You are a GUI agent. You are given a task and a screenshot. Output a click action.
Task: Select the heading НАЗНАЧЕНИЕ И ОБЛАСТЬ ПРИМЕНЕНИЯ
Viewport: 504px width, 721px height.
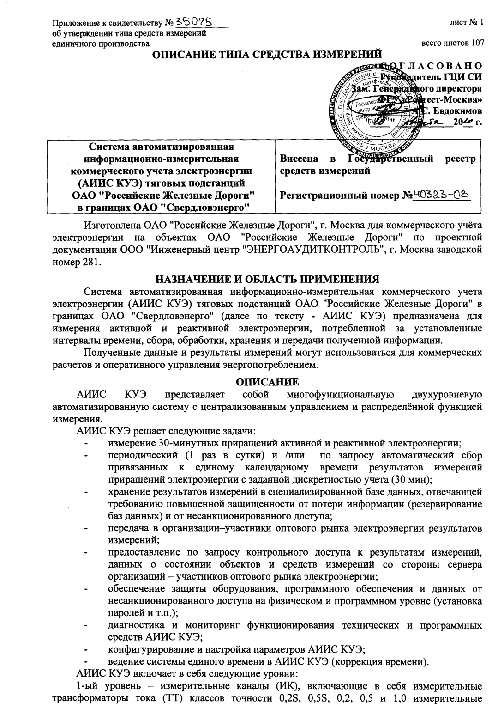click(x=268, y=279)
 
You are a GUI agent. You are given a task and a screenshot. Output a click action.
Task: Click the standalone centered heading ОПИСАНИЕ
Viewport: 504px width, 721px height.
click(x=268, y=382)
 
